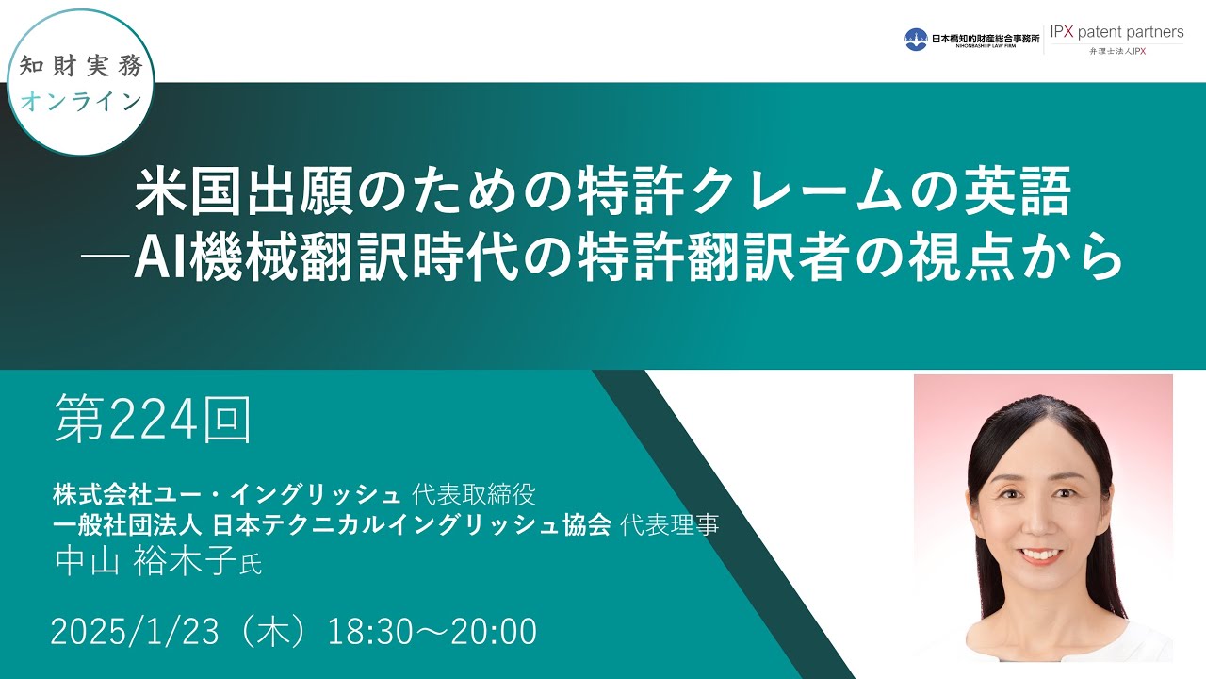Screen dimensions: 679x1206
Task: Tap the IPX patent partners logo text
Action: [x=1116, y=32]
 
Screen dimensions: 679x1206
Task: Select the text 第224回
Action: [x=152, y=421]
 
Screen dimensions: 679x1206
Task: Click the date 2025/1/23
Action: [x=128, y=632]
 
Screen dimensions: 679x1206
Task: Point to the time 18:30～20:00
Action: [x=432, y=632]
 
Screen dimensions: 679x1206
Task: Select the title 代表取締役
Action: [x=475, y=493]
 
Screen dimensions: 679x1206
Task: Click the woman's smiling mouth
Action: [x=1040, y=554]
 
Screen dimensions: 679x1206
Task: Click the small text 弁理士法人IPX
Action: [x=1116, y=52]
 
